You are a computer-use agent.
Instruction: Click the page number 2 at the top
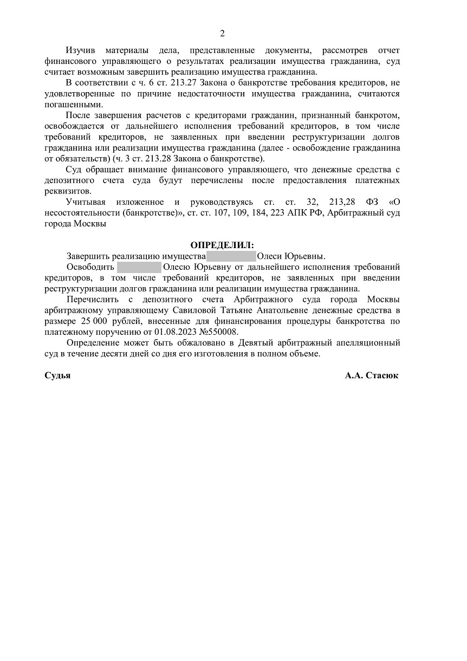(x=222, y=34)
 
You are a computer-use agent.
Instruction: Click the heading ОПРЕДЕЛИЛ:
(x=222, y=245)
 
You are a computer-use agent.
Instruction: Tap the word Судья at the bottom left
(x=57, y=375)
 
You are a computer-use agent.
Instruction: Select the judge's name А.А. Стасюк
(x=372, y=375)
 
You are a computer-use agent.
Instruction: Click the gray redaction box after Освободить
(x=139, y=267)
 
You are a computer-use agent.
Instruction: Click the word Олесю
(x=178, y=267)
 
